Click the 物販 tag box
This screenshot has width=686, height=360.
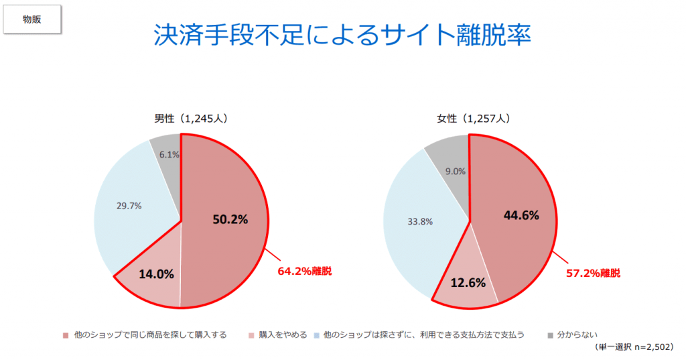pyautogui.click(x=32, y=19)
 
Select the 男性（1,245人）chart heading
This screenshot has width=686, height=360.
pyautogui.click(x=192, y=119)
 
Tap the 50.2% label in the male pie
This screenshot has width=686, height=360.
pyautogui.click(x=230, y=219)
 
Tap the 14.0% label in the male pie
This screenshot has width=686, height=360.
pyautogui.click(x=157, y=274)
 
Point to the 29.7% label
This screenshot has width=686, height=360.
pyautogui.click(x=129, y=206)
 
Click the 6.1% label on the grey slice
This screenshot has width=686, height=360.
pyautogui.click(x=169, y=154)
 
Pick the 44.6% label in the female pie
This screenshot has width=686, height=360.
pyautogui.click(x=521, y=215)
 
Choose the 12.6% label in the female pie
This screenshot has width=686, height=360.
pyautogui.click(x=468, y=282)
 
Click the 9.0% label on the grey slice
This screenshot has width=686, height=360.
pyautogui.click(x=455, y=171)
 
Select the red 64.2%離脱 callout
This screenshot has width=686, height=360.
pyautogui.click(x=305, y=272)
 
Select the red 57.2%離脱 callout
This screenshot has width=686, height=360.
pyautogui.click(x=593, y=273)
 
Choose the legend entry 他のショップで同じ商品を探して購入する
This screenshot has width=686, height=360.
pyautogui.click(x=150, y=335)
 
